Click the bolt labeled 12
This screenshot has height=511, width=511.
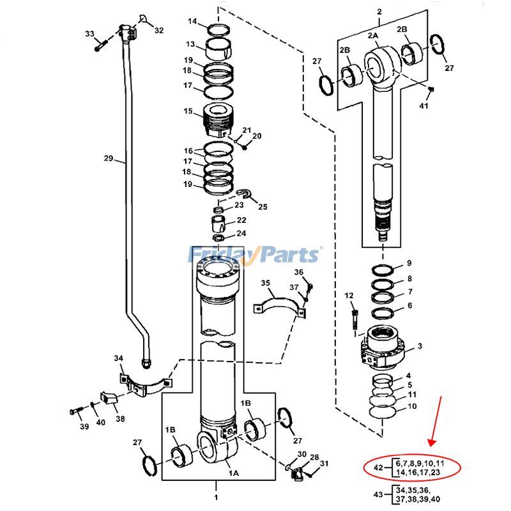[355, 317]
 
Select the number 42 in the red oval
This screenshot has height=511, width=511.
[378, 468]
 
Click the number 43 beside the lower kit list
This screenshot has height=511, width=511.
[378, 494]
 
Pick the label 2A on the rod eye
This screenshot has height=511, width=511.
[373, 36]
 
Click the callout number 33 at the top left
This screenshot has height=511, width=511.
[89, 34]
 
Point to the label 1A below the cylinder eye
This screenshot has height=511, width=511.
[234, 473]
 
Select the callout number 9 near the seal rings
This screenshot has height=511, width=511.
[409, 263]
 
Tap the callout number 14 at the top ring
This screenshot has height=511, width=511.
[192, 22]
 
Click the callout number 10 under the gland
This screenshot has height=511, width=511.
[412, 406]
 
